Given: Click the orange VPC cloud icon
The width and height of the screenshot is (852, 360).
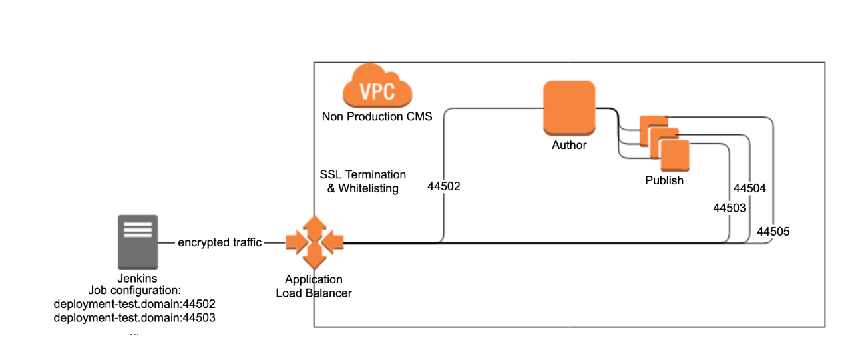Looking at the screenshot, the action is [377, 86].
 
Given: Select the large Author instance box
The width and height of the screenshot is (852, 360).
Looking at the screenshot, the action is [569, 108].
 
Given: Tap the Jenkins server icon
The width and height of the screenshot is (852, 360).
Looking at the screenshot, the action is [138, 242].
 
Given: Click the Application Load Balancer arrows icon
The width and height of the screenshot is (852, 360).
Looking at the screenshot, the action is [315, 242].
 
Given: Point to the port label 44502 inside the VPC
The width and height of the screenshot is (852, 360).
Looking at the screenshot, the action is [443, 186].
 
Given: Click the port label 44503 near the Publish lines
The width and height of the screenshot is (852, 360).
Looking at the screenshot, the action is [729, 208].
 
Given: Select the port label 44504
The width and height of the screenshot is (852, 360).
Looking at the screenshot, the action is [749, 188].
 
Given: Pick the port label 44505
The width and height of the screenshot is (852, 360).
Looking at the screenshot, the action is [773, 232].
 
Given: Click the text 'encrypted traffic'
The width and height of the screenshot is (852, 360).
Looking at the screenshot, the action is [220, 242].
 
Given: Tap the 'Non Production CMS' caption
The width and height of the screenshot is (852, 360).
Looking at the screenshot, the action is [377, 116].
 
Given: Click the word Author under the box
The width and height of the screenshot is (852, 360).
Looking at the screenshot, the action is [569, 145].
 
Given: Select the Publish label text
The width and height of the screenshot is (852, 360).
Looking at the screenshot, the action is [664, 180].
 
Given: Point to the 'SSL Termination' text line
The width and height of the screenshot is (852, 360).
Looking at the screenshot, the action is [363, 174].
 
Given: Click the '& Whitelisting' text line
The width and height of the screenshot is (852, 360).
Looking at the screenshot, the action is [363, 188].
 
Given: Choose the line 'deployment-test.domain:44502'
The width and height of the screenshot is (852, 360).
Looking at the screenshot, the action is [134, 304].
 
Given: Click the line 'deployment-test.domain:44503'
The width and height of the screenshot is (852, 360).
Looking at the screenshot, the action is [134, 318].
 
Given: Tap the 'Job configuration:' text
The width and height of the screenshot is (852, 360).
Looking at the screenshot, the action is [134, 290].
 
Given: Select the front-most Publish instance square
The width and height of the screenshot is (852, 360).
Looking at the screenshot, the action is [675, 156].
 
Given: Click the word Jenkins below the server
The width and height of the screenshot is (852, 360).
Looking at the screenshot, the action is [137, 279].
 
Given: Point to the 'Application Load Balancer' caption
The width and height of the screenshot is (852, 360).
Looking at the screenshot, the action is [314, 286].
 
